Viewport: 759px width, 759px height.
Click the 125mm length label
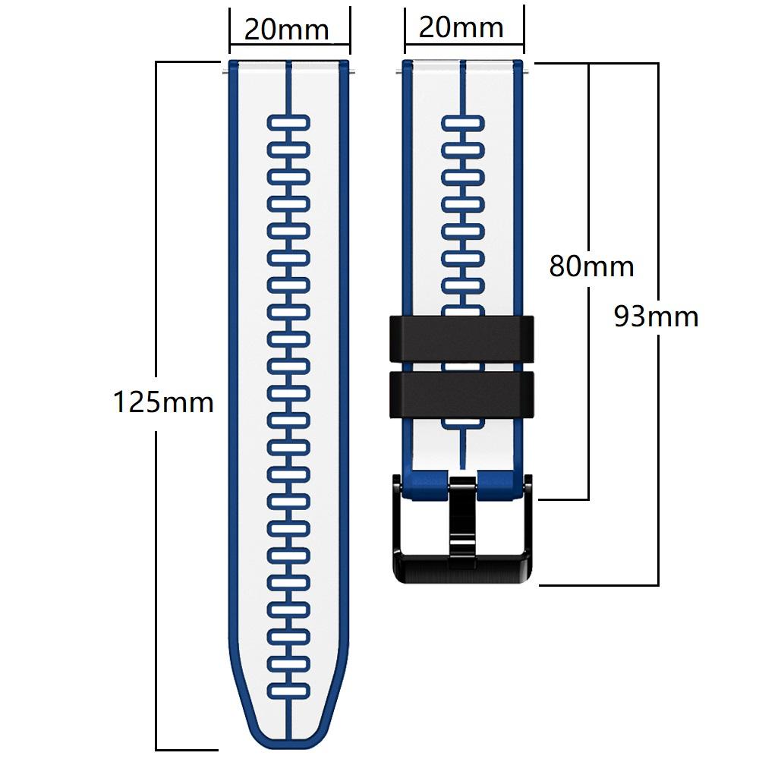(x=163, y=402)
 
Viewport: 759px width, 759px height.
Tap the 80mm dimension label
(x=591, y=266)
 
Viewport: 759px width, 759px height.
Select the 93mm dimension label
(x=656, y=316)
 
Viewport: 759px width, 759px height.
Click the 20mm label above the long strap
(x=286, y=30)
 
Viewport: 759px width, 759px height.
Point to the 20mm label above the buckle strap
(x=461, y=27)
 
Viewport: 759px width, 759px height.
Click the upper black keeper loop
(x=461, y=339)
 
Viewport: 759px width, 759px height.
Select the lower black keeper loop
(x=461, y=393)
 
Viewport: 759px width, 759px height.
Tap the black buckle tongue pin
(x=461, y=516)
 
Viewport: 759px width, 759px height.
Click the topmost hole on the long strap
(x=288, y=122)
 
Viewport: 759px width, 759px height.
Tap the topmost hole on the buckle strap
(x=463, y=122)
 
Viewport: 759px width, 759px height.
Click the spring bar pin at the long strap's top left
(x=225, y=73)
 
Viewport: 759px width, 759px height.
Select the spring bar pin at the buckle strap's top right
(x=526, y=73)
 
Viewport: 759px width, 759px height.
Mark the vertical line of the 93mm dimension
(x=657, y=455)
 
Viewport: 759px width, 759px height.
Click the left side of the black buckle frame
(x=400, y=524)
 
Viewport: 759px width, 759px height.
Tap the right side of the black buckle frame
(x=528, y=524)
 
